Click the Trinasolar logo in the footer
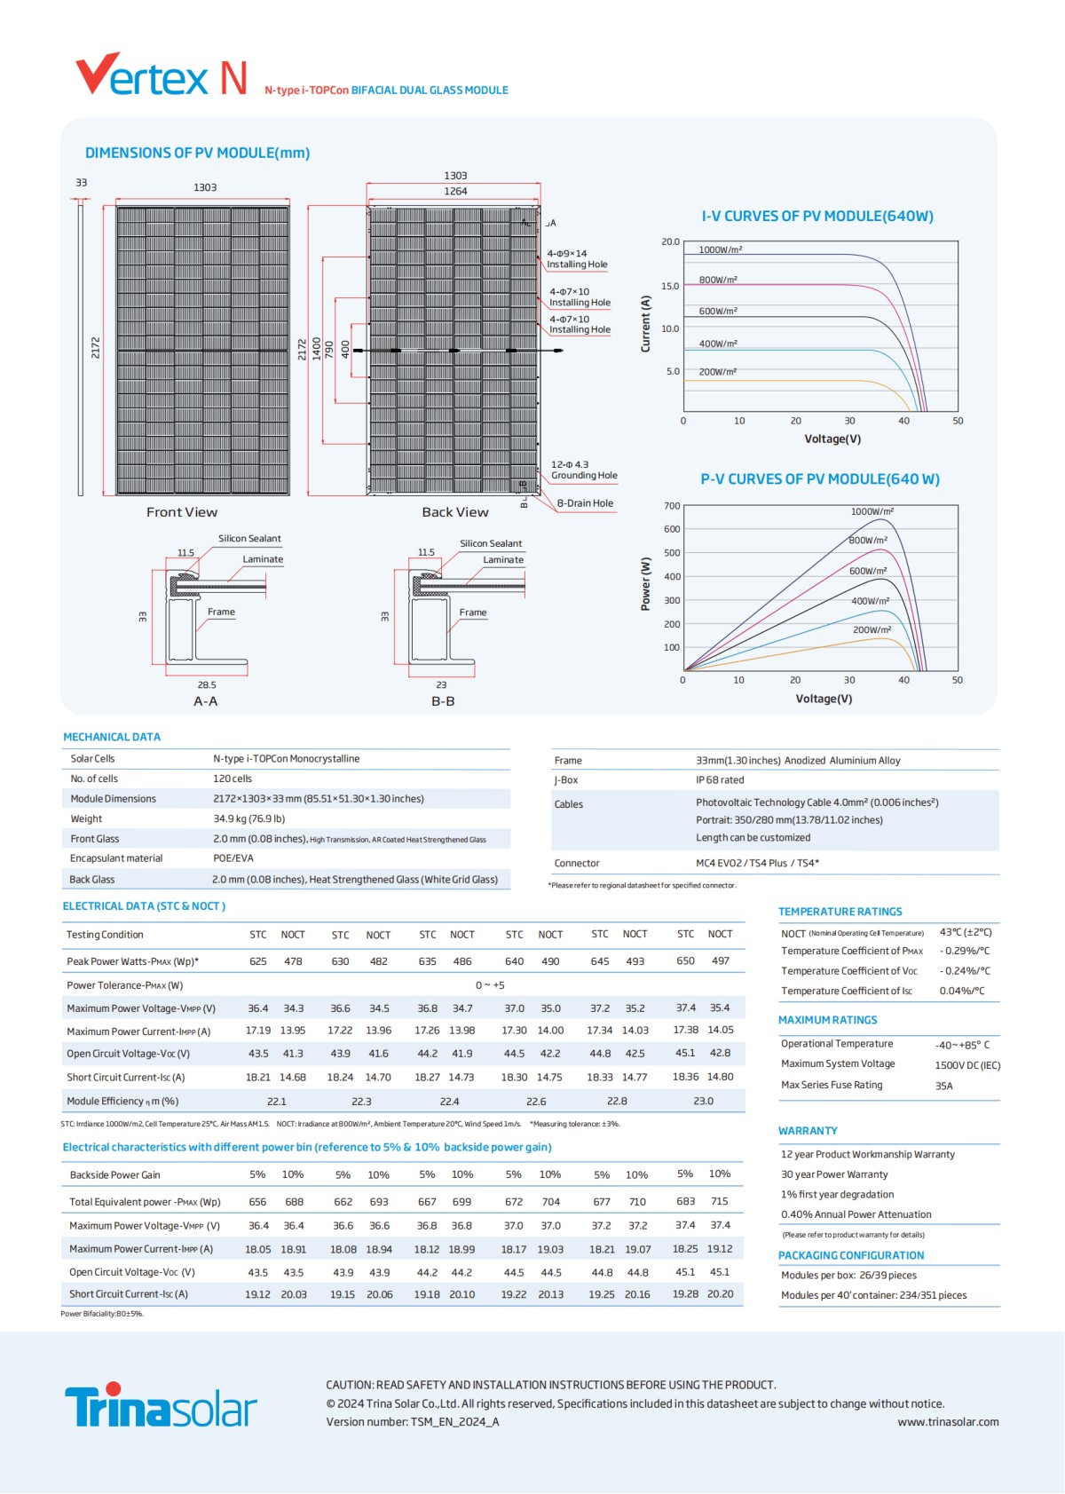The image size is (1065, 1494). [161, 1405]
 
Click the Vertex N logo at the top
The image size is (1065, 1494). [162, 75]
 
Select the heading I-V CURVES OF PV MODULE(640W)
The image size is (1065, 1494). [817, 216]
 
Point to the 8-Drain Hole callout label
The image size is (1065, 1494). [585, 503]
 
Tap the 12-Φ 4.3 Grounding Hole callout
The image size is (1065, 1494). [583, 470]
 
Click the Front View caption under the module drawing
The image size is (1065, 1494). [182, 512]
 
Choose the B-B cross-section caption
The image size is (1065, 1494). [443, 701]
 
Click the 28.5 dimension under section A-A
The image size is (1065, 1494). [207, 685]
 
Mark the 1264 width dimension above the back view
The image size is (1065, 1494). [455, 191]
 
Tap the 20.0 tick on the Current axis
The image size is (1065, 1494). [670, 241]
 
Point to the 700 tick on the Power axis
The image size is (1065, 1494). [672, 506]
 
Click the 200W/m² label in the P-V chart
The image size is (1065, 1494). [872, 629]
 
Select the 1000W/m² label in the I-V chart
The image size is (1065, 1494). [720, 249]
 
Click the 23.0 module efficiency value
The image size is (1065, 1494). [703, 1101]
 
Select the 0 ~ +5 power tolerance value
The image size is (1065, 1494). [490, 984]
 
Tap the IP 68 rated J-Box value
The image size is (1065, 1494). [720, 779]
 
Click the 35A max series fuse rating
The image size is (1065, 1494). [943, 1086]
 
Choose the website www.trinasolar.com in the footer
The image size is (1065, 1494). [948, 1422]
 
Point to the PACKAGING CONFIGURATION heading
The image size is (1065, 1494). [851, 1255]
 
